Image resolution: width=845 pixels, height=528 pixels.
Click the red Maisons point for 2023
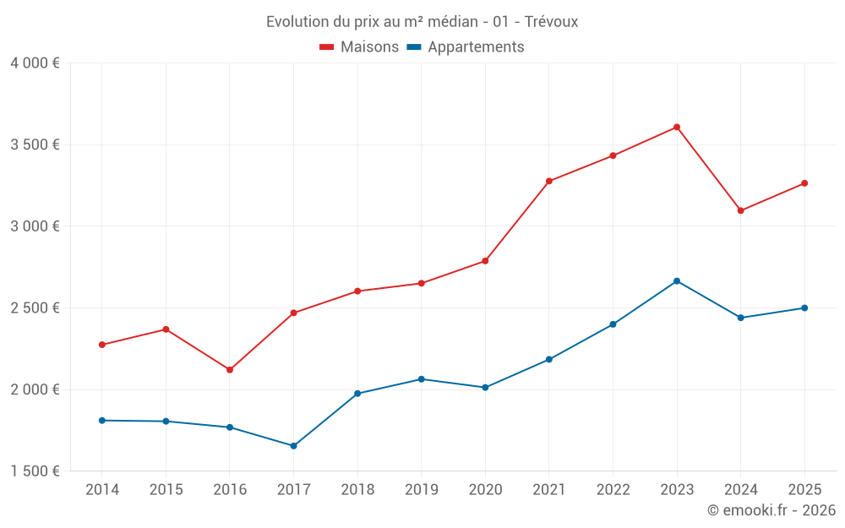(677, 128)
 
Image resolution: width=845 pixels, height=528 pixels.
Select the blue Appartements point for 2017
(293, 446)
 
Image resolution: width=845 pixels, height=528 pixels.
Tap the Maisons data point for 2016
(230, 370)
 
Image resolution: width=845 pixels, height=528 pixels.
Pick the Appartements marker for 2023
(677, 281)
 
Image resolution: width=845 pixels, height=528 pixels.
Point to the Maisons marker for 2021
(549, 182)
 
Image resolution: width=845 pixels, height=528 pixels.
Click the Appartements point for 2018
(357, 394)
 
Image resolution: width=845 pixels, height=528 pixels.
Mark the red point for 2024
(741, 211)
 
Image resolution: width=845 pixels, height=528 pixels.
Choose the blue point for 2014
(102, 421)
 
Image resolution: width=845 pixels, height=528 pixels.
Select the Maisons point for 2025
(804, 183)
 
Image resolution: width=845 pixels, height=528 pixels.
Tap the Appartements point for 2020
(485, 388)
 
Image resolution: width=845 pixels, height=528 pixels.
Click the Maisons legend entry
(359, 47)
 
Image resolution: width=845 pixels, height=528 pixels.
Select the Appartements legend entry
(466, 47)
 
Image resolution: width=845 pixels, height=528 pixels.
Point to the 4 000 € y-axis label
(35, 63)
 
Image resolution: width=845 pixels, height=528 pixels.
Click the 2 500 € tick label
(35, 308)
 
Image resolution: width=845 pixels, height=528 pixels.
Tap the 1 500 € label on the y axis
(35, 471)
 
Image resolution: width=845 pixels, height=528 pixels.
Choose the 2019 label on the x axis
(421, 490)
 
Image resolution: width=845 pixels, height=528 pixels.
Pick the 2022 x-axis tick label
(613, 490)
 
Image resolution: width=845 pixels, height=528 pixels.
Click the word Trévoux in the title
(551, 22)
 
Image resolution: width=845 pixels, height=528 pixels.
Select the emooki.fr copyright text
(771, 510)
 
